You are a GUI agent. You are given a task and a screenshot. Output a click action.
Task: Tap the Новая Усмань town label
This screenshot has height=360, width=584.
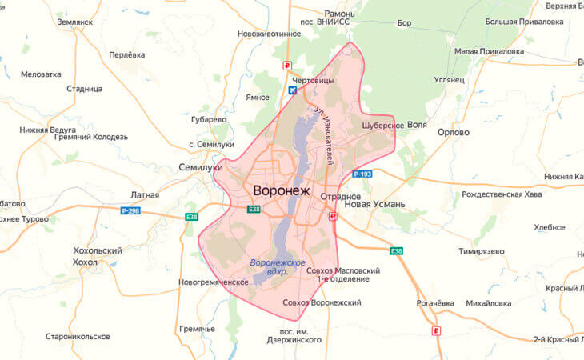click(374, 204)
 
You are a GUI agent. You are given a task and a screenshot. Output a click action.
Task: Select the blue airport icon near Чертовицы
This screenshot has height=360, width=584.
click(291, 90)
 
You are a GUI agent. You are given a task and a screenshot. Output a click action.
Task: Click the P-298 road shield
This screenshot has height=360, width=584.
click(130, 210)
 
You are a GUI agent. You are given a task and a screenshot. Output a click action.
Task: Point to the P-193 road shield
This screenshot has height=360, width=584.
click(362, 174)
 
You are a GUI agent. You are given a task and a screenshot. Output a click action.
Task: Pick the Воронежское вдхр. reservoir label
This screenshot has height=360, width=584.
click(278, 267)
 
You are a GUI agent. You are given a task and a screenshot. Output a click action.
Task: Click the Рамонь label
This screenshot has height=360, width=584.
click(338, 14)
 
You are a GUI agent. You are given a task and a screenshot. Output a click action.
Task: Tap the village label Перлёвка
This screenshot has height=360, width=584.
click(126, 54)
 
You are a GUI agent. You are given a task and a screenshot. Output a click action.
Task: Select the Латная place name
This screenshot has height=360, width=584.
click(145, 195)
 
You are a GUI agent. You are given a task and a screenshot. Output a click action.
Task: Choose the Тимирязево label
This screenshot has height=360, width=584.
click(482, 250)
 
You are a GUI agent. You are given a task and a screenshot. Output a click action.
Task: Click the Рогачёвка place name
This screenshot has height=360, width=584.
click(435, 303)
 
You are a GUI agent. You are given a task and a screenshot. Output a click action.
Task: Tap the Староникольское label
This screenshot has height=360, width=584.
click(78, 337)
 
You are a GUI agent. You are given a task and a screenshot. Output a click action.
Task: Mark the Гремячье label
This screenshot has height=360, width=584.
click(197, 329)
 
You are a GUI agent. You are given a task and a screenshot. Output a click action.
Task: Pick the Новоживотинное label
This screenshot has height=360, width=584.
click(270, 34)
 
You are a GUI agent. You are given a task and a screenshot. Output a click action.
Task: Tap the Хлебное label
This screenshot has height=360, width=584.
click(549, 227)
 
